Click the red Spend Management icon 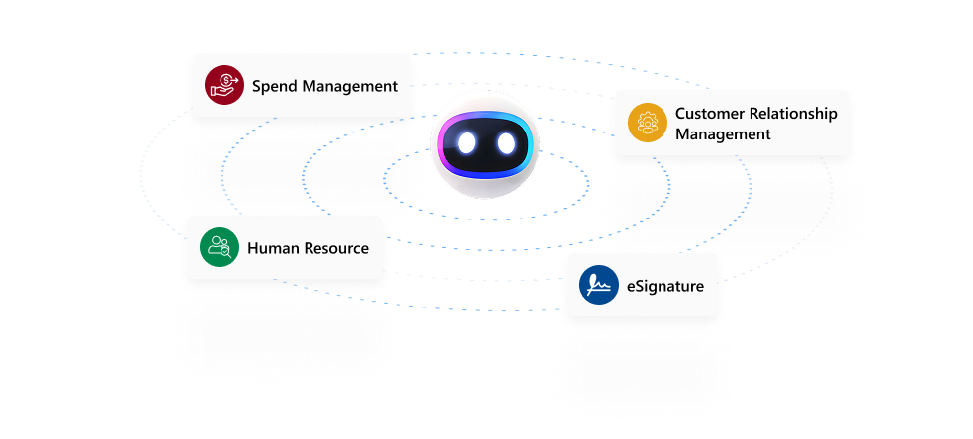coord(224,85)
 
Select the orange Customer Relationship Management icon coord(648,123)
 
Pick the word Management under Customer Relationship coord(723,133)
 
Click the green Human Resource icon coord(220,248)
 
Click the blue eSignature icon coord(599,286)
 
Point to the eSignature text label coord(664,286)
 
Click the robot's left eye coord(468,143)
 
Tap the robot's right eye coord(506,143)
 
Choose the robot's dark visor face coord(486,144)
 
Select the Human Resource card coord(285,247)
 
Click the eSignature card coord(642,285)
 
